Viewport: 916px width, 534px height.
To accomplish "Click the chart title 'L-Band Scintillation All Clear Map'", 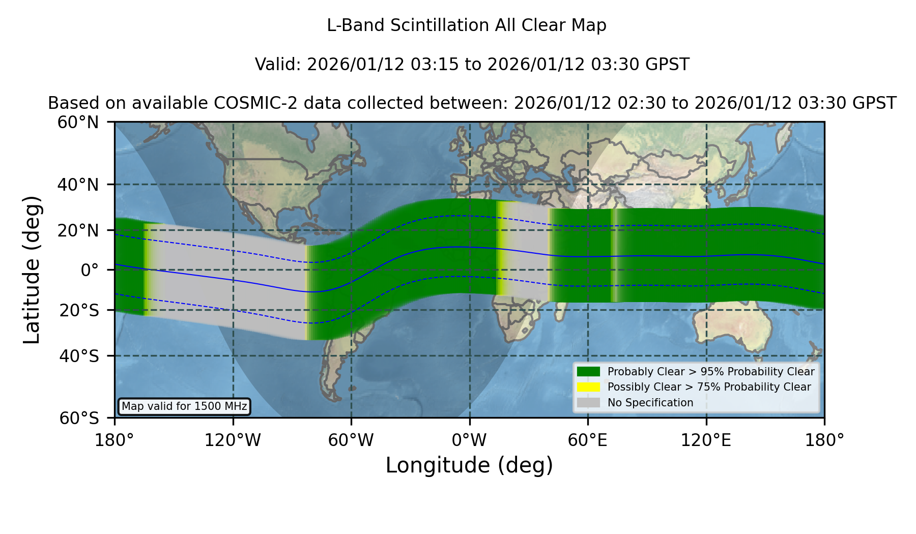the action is coord(467,25).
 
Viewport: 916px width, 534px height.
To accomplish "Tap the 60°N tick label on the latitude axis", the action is coord(78,123).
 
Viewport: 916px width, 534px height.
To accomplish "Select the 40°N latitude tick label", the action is coord(78,185).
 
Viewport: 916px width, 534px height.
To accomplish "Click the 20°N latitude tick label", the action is coord(78,230).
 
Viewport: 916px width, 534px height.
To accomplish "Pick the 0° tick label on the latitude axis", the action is coord(90,270).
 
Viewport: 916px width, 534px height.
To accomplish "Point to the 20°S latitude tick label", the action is coord(79,310).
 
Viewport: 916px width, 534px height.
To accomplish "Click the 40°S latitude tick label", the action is coord(79,356).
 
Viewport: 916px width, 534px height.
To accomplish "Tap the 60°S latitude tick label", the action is coord(79,418).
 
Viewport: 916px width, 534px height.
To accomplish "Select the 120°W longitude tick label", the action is coord(233,440).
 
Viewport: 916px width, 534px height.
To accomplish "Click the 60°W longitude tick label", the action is coord(351,440).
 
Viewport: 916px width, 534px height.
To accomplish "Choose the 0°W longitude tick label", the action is coord(470,440).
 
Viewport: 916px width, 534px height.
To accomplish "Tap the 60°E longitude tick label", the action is coord(588,440).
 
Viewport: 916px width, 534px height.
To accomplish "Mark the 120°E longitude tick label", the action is coord(706,440).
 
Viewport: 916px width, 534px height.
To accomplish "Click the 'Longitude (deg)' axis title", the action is coord(469,465).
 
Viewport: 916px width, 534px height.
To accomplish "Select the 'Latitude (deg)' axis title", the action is coord(32,270).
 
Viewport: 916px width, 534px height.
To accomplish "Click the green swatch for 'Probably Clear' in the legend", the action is coord(589,371).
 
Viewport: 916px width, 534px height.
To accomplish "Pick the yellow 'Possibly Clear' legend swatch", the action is coord(589,387).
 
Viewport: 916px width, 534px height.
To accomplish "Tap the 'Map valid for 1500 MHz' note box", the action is coord(184,406).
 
